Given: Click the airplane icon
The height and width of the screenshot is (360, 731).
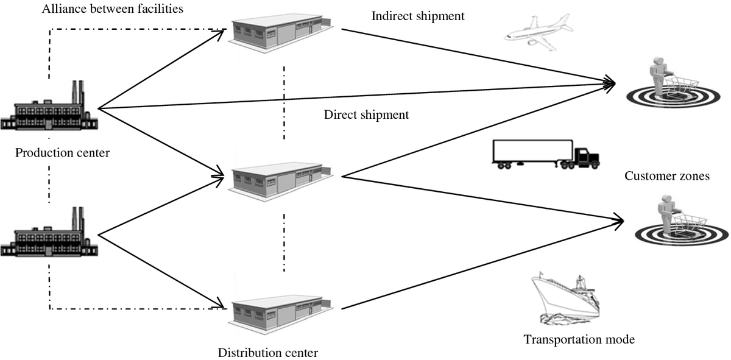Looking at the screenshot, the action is (x=539, y=33).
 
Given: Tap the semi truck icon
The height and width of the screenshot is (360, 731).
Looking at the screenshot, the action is (x=546, y=154).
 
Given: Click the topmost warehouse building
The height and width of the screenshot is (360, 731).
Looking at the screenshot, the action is (x=281, y=33).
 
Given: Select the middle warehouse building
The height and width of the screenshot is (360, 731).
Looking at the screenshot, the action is (x=281, y=182).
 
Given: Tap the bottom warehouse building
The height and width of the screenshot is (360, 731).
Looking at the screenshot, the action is (x=281, y=315).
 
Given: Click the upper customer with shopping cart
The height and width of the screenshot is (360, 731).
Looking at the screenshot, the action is (x=673, y=83).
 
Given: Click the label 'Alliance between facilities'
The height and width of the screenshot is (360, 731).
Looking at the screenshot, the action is (x=113, y=9).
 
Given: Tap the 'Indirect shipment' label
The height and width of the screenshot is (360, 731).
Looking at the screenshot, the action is (x=418, y=16).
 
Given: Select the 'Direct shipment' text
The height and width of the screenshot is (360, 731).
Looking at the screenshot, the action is (x=366, y=115).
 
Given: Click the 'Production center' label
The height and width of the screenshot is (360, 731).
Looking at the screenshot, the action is (x=62, y=153).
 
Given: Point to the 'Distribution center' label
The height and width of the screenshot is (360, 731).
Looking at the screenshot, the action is (x=268, y=353).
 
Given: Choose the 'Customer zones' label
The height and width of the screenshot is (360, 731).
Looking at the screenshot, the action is (x=667, y=176).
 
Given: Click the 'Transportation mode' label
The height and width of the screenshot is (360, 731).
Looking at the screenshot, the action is (x=579, y=339).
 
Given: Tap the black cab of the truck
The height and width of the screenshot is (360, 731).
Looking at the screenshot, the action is (x=587, y=158).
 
